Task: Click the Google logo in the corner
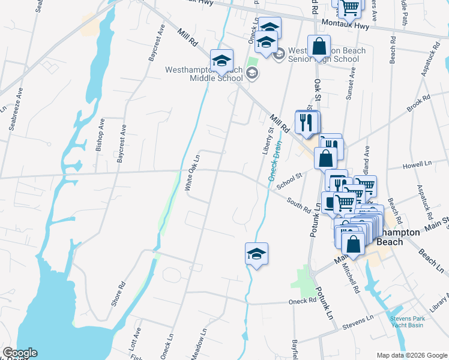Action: coord(20,353)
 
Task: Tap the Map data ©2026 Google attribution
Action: coord(412,355)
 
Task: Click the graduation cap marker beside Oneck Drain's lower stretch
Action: coord(256,254)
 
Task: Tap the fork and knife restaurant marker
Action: coord(307,122)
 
